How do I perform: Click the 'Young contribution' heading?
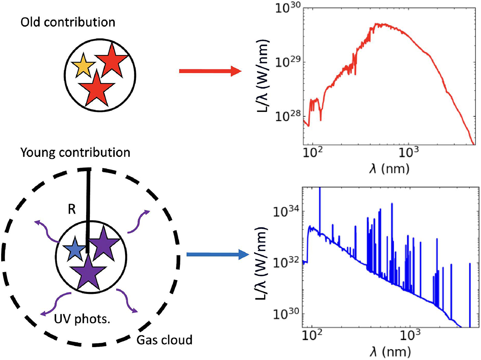click(77, 153)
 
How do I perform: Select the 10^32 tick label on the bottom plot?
click(287, 263)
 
